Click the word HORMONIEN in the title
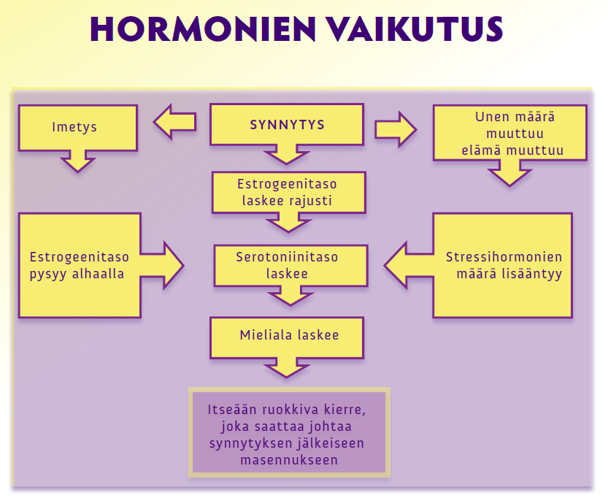pos(203,29)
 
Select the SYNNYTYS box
pos(287,125)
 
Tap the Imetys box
pos(78,127)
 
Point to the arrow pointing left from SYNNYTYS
pos(175,122)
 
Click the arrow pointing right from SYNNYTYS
pos(396,129)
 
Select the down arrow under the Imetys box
pos(78,161)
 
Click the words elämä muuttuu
pos(512,150)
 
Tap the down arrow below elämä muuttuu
pos(509,173)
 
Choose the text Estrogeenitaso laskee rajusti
pos(287,192)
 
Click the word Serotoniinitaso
pos(287,257)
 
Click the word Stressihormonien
pos(504,257)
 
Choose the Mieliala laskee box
pos(287,337)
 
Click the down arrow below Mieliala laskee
pos(287,368)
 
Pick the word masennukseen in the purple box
pos(289,460)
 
